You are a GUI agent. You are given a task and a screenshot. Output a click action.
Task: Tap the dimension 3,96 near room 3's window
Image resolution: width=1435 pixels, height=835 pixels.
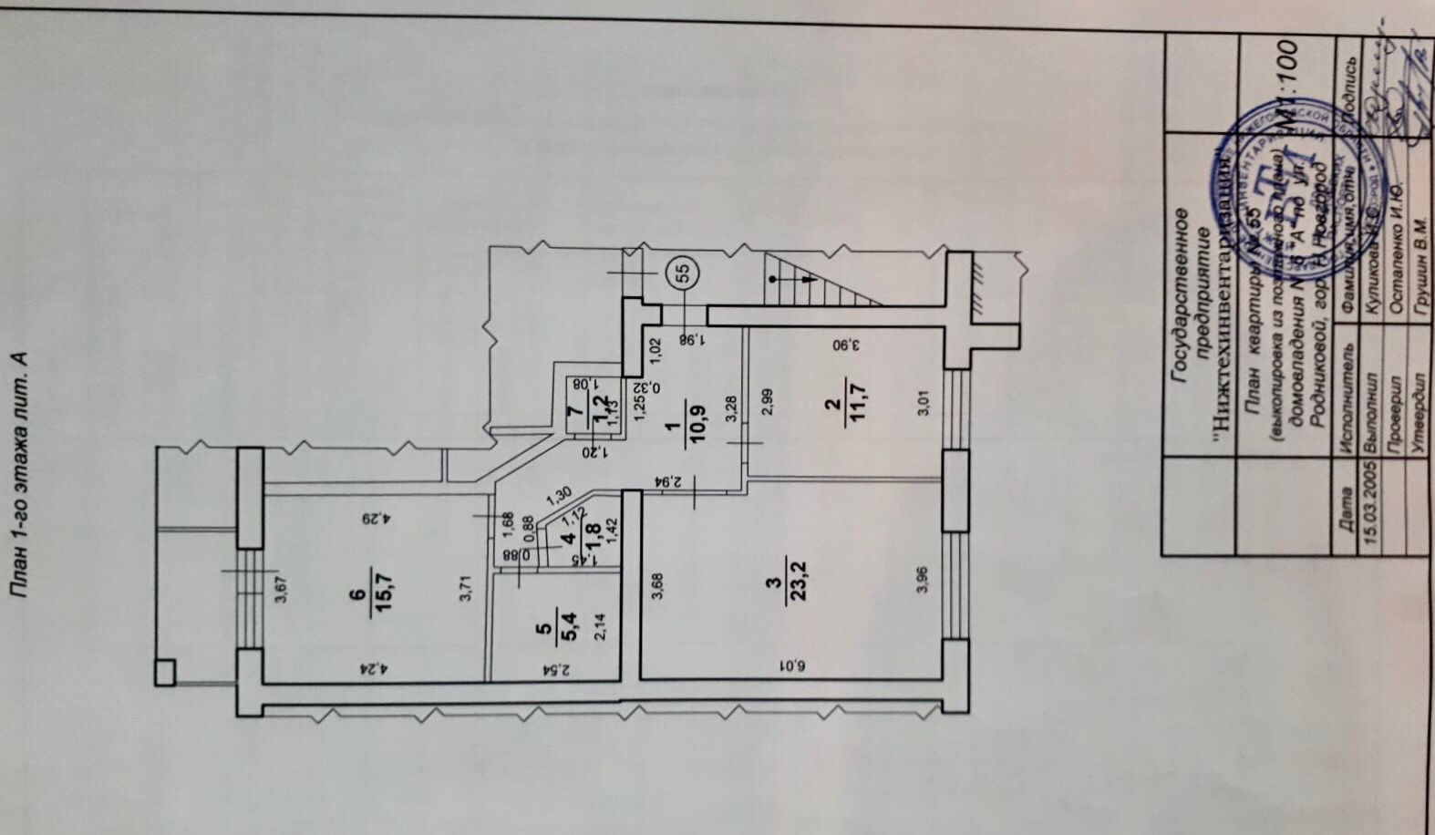pyautogui.click(x=923, y=580)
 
